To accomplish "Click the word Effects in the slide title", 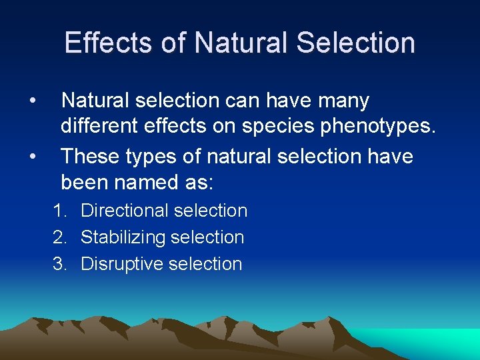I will pyautogui.click(x=109, y=43).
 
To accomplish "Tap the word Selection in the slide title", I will pyautogui.click(x=356, y=43).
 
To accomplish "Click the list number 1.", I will pyautogui.click(x=59, y=211).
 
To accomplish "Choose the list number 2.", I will pyautogui.click(x=59, y=237).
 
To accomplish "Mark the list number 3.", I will pyautogui.click(x=59, y=264).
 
